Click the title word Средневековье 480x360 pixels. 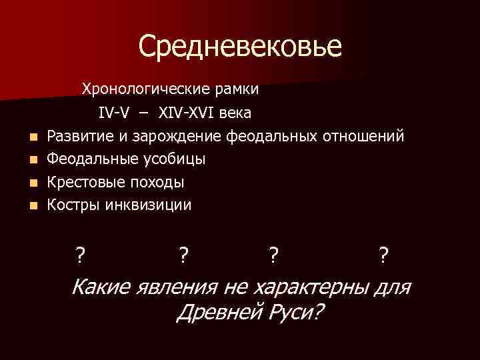tap(240, 46)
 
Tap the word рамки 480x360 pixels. tap(239, 89)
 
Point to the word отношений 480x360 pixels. tap(363, 137)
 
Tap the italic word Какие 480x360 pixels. tap(101, 287)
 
